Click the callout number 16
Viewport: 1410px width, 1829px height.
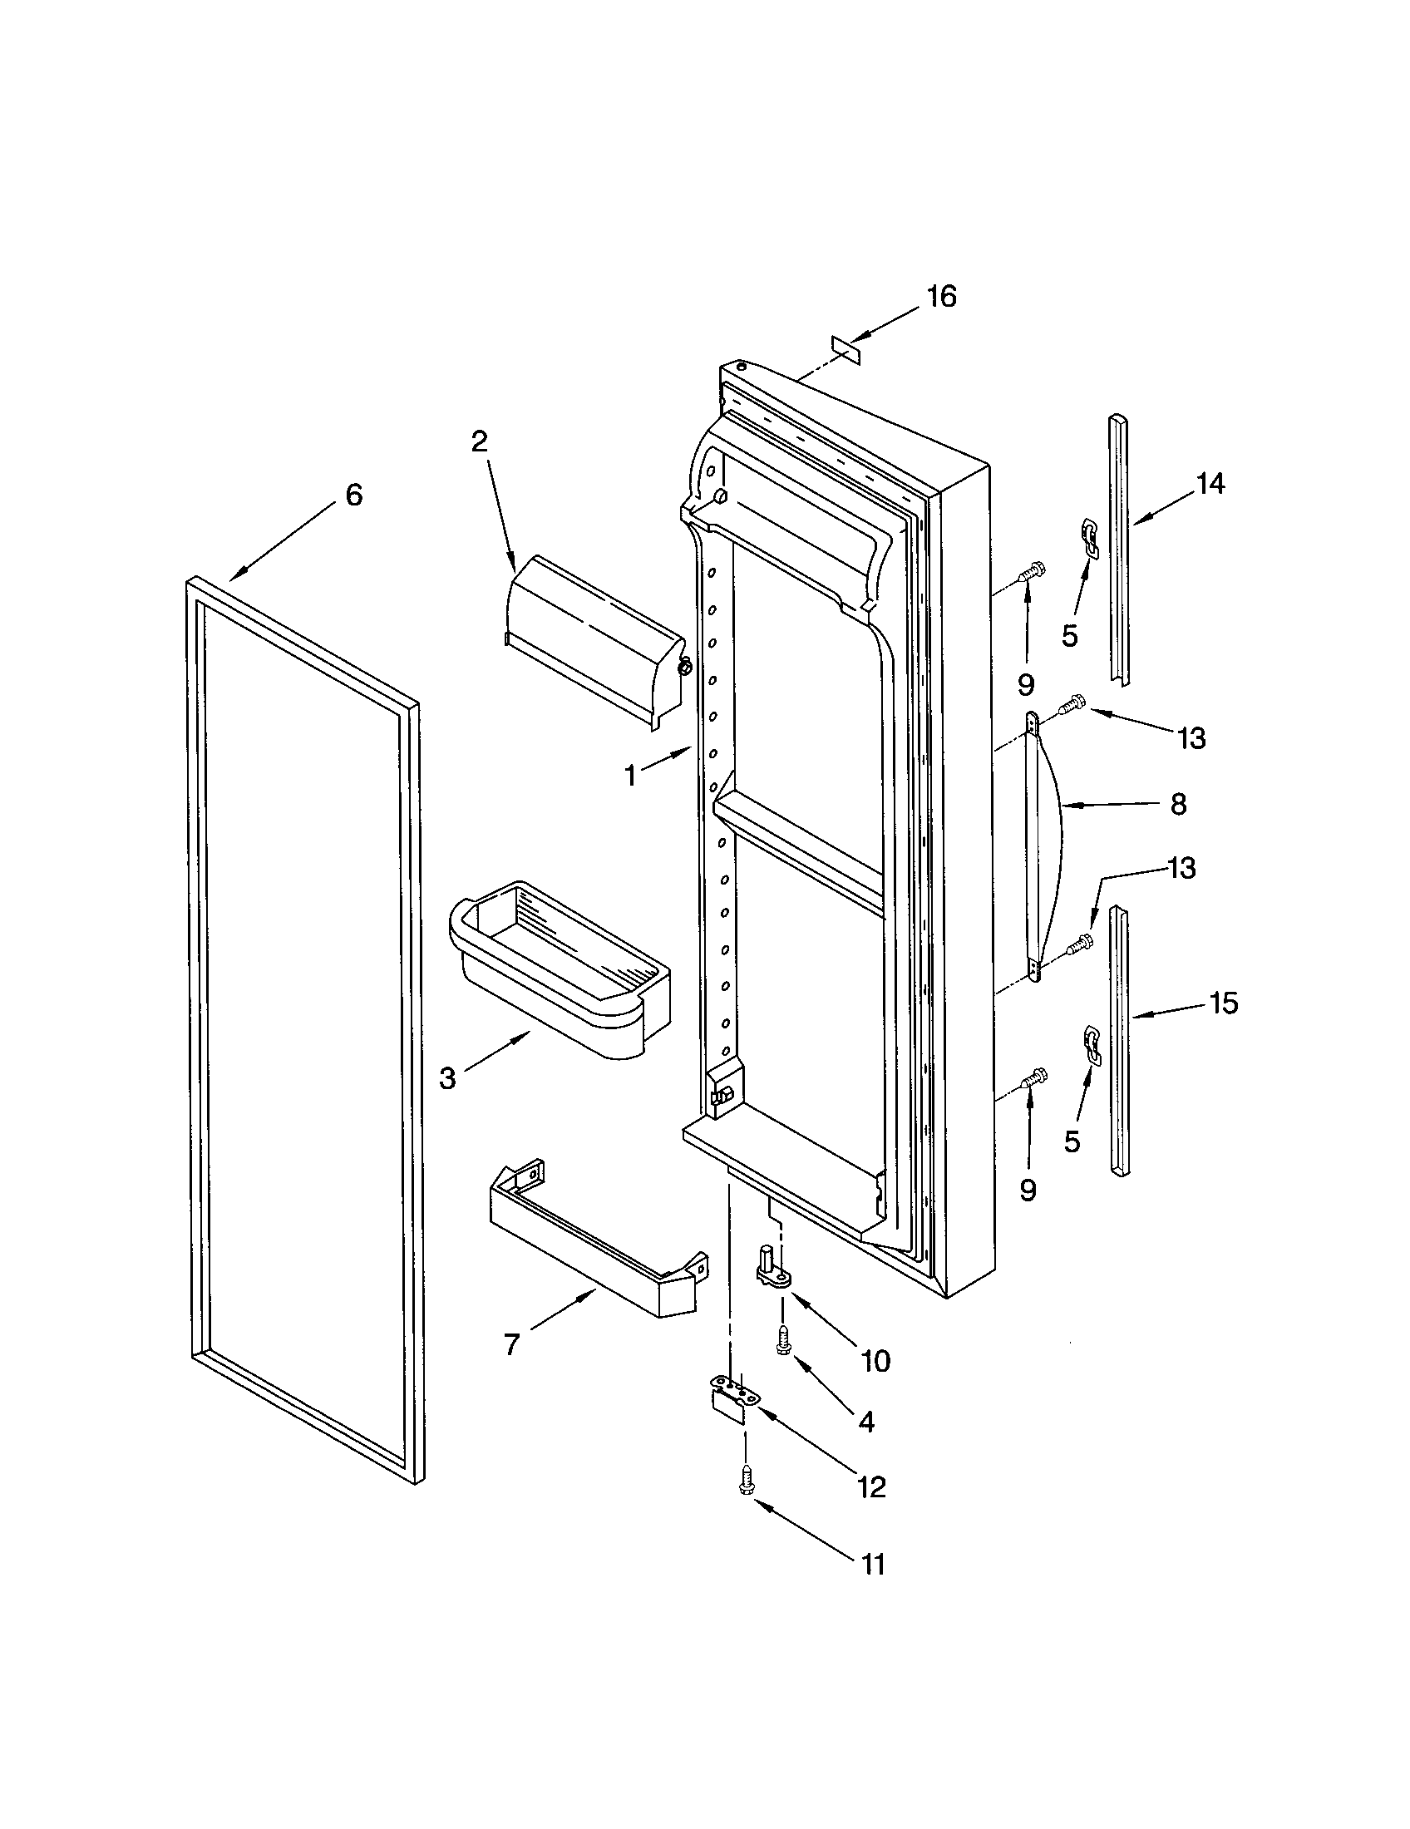(x=941, y=297)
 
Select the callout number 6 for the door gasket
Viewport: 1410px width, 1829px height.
(x=354, y=495)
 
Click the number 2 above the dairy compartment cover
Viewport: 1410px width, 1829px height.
(x=479, y=441)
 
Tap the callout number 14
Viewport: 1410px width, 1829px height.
(x=1210, y=484)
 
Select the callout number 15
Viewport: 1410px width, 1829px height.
(x=1223, y=1003)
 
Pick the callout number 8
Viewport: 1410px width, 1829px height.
(x=1178, y=805)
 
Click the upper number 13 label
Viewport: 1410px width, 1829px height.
(x=1191, y=738)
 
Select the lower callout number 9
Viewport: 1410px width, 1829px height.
(x=1028, y=1190)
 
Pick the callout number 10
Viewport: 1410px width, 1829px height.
(x=875, y=1362)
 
